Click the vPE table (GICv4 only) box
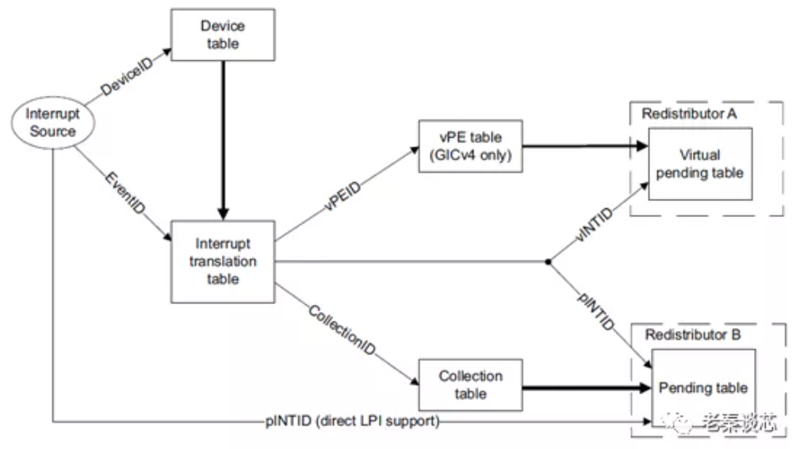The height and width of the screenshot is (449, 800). click(473, 146)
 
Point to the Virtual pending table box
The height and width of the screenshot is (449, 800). click(700, 163)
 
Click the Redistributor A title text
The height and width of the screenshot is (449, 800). click(689, 113)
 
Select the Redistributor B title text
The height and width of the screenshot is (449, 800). click(692, 335)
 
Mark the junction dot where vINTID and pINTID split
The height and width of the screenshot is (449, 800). click(547, 261)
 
